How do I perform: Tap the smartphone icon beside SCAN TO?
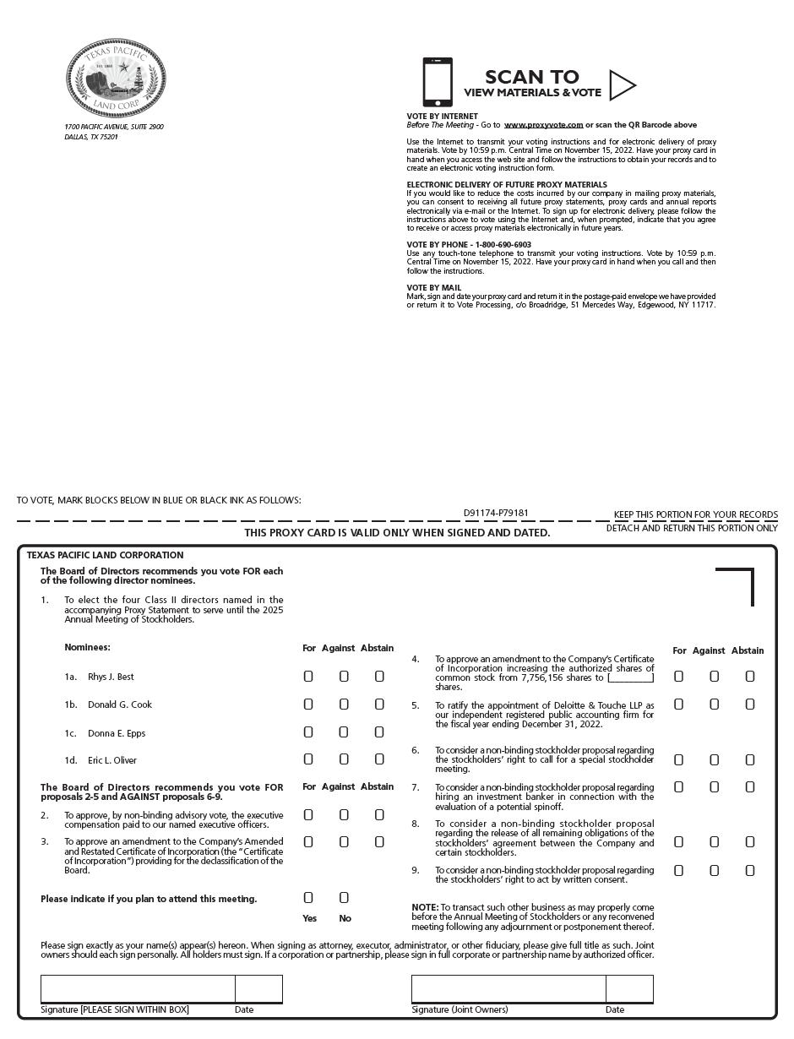coord(437,82)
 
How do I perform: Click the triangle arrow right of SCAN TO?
coord(622,84)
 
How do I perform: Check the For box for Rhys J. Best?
coord(308,677)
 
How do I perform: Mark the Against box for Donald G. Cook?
coord(344,704)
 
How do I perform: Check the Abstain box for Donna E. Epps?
coord(379,732)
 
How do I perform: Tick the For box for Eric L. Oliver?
coord(308,759)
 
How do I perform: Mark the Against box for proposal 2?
coord(344,815)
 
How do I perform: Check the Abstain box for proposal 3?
coord(379,842)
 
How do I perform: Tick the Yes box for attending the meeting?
coord(308,897)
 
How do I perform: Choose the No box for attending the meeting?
coord(344,897)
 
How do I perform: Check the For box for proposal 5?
coord(678,704)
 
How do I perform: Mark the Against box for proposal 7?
coord(714,787)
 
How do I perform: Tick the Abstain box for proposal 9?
coord(749,870)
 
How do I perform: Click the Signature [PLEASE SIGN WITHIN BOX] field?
coord(138,988)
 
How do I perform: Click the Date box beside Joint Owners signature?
coord(629,988)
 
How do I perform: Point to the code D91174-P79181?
coord(496,513)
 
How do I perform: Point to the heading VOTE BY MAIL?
coord(434,288)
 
